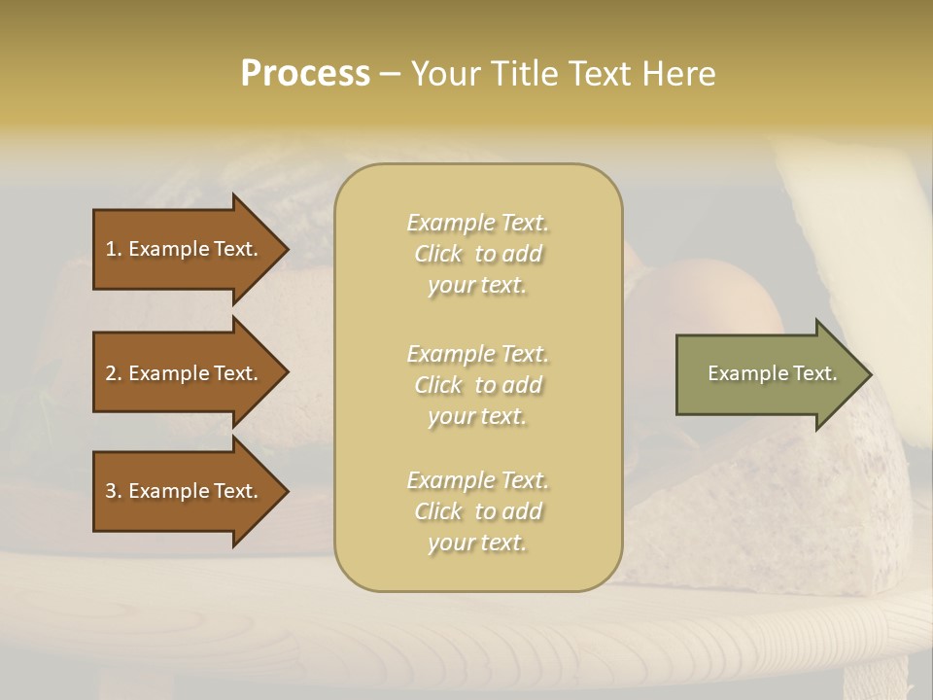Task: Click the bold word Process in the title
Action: click(x=305, y=73)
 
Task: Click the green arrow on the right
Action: click(x=768, y=373)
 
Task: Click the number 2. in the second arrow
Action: click(x=113, y=373)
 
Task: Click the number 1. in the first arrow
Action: click(x=113, y=249)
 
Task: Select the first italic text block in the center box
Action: click(x=477, y=254)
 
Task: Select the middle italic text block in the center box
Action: click(x=477, y=385)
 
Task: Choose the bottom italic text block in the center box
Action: click(x=477, y=511)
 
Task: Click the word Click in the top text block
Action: click(x=440, y=254)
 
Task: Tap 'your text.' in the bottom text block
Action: click(x=477, y=542)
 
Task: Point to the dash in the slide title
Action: click(x=391, y=74)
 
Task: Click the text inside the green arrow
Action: click(x=772, y=373)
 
